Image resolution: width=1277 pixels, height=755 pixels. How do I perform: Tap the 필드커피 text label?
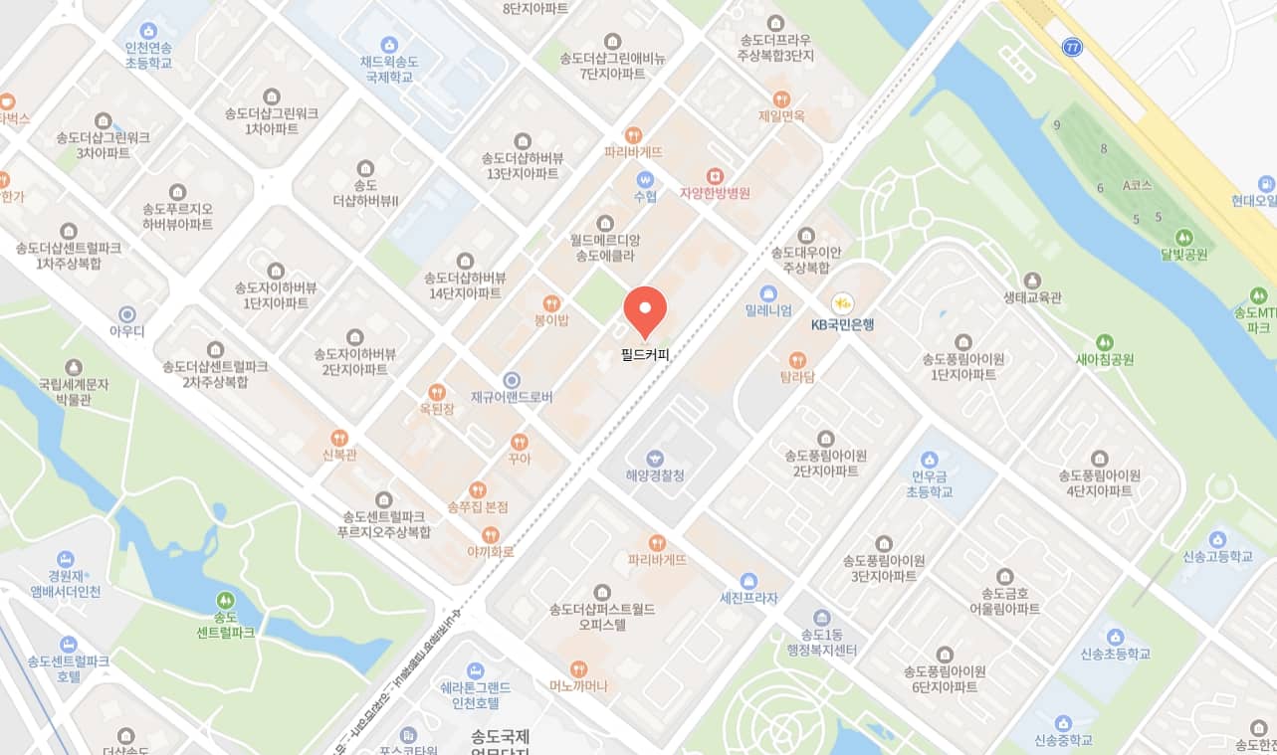point(645,352)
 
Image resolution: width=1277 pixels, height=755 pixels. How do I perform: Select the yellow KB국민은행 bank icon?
point(843,301)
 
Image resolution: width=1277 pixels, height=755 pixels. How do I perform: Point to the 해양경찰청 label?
point(654,475)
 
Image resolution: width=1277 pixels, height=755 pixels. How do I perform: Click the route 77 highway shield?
point(1071,48)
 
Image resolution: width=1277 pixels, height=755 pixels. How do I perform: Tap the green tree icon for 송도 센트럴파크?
point(225,601)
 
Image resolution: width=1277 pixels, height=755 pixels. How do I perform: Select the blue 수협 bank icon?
point(645,180)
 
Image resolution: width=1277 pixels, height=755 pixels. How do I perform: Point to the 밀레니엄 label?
point(768,310)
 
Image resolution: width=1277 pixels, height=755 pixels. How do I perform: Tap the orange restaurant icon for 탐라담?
point(797,360)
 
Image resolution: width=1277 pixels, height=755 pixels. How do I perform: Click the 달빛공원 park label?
point(1183,254)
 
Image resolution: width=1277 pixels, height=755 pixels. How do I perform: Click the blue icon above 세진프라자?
point(748,581)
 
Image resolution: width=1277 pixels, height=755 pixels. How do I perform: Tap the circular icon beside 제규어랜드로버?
point(512,380)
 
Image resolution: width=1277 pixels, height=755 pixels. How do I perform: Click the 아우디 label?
point(126,331)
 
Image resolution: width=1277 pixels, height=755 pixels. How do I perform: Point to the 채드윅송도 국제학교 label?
point(389,68)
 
